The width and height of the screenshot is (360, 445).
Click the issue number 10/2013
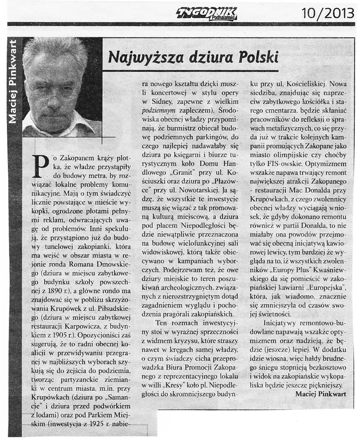[327, 13]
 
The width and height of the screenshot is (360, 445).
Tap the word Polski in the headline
[258, 57]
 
